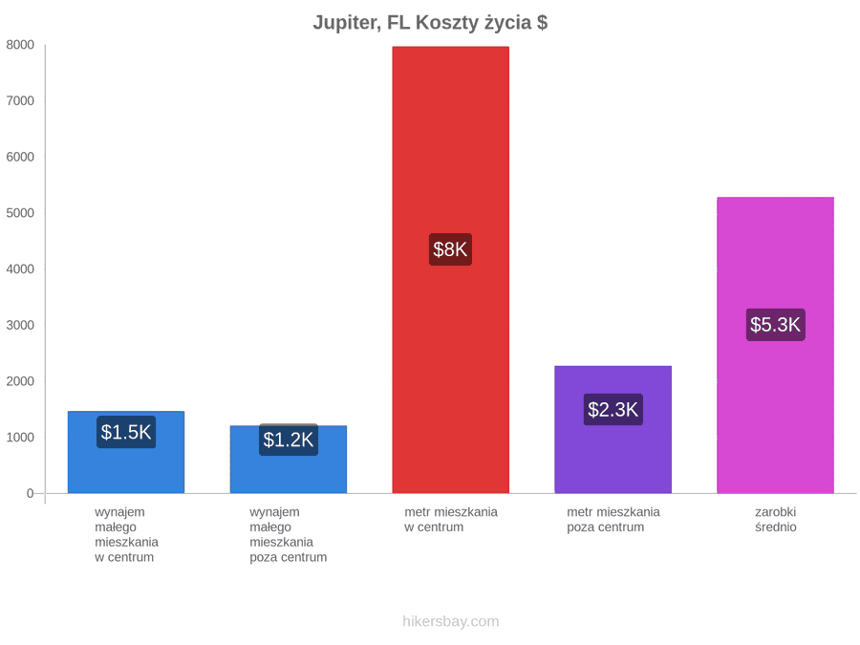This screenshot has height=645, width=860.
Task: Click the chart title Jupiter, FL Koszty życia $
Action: point(430,23)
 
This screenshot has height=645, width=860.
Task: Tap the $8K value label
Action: point(450,249)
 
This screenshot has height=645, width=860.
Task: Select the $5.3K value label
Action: point(776,325)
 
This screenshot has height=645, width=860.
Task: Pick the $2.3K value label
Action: point(613,410)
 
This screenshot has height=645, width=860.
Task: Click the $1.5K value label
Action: point(126,432)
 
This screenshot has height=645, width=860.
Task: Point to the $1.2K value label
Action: point(289,440)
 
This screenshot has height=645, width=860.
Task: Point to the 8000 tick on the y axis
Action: point(20,45)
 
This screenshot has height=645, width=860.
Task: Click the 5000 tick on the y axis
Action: point(20,213)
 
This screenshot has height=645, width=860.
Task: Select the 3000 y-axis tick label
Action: point(20,325)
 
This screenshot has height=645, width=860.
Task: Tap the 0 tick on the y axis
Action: point(31,494)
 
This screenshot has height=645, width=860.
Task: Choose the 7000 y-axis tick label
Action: point(20,101)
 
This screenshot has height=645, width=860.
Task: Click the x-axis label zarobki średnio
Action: point(776,520)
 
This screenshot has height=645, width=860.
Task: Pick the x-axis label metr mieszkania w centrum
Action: point(451,520)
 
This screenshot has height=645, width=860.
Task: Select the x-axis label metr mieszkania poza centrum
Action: point(613,520)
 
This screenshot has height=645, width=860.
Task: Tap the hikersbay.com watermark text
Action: point(451,621)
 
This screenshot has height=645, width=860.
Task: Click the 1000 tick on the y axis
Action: point(20,437)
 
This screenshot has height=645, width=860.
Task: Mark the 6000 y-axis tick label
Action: point(20,157)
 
